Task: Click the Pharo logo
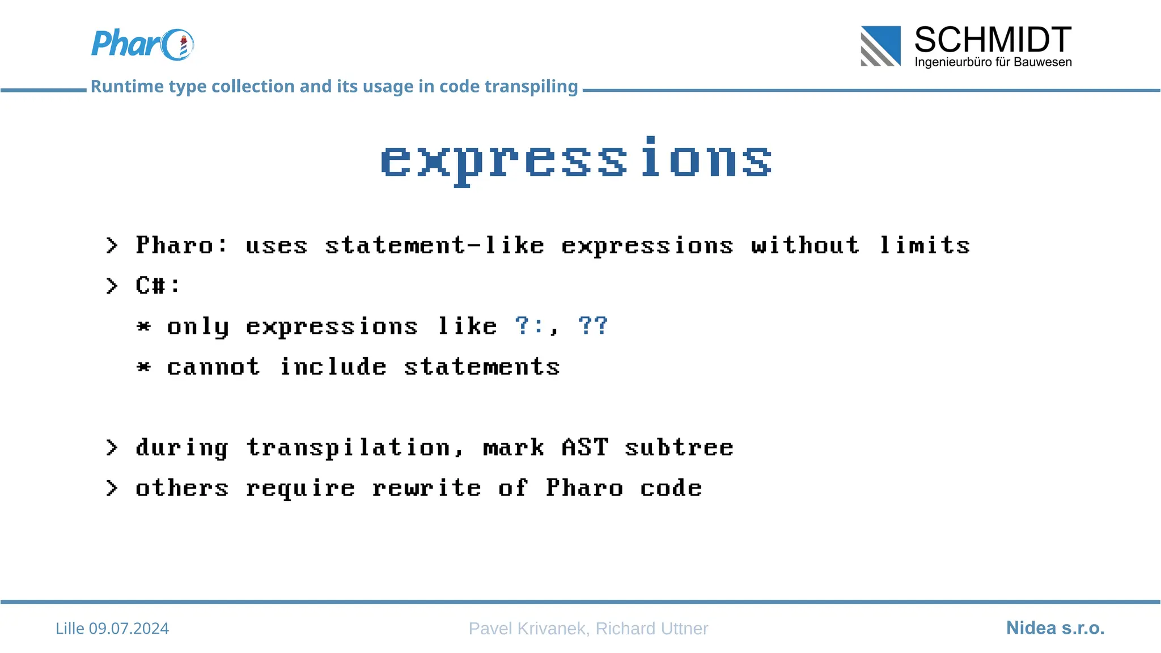[x=142, y=44]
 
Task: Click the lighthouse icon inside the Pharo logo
[x=183, y=46]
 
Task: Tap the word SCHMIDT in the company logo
[x=992, y=40]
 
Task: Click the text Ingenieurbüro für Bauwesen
[x=993, y=62]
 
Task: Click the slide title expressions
[x=576, y=160]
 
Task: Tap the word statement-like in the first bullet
[x=434, y=245]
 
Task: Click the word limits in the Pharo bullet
[x=925, y=245]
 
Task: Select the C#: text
[x=158, y=285]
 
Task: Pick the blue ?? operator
[x=593, y=326]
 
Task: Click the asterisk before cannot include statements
[x=144, y=367]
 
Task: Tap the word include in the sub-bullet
[x=333, y=367]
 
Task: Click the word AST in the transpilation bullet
[x=584, y=447]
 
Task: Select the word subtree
[x=679, y=447]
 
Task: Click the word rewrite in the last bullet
[x=426, y=488]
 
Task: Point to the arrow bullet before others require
[x=112, y=488]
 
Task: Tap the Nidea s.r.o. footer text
[x=1055, y=628]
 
